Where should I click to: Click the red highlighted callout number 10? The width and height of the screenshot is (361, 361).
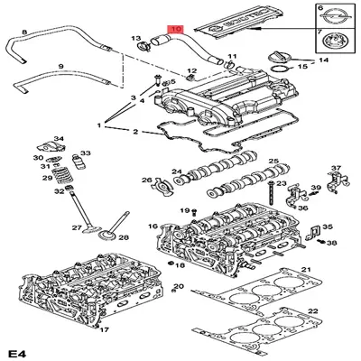pyautogui.click(x=175, y=29)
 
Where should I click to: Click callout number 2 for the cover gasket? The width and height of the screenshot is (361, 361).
pyautogui.click(x=134, y=133)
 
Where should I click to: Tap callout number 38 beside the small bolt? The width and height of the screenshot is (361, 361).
pyautogui.click(x=333, y=244)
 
